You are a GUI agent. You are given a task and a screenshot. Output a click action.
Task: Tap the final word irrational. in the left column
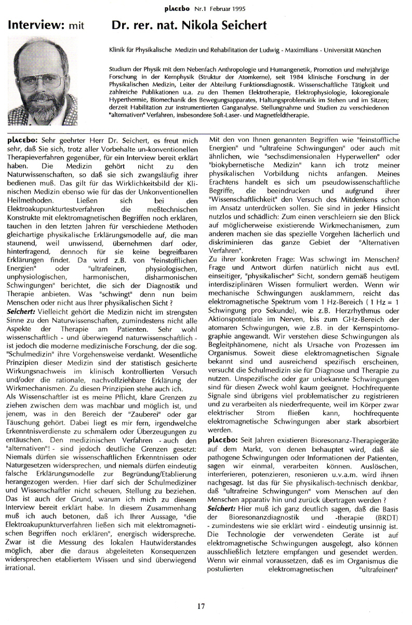21,568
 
